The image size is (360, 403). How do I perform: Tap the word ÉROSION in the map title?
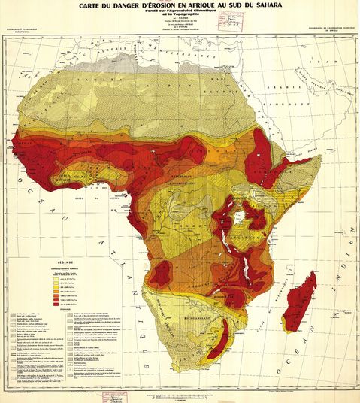(x=162, y=5)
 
